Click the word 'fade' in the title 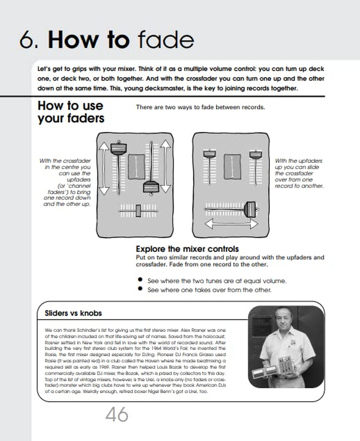tap(166, 41)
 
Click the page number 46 tap(117, 415)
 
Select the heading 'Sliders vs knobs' tap(73, 313)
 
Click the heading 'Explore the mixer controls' tap(187, 249)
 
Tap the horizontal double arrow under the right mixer tap(231, 224)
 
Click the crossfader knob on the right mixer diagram tap(249, 208)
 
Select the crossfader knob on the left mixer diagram tap(138, 210)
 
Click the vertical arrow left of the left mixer tap(104, 168)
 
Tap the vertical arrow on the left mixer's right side tap(165, 167)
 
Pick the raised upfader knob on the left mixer tap(118, 148)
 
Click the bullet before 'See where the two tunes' tap(140, 280)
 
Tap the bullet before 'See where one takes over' tap(140, 289)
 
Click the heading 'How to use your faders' tap(71, 112)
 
